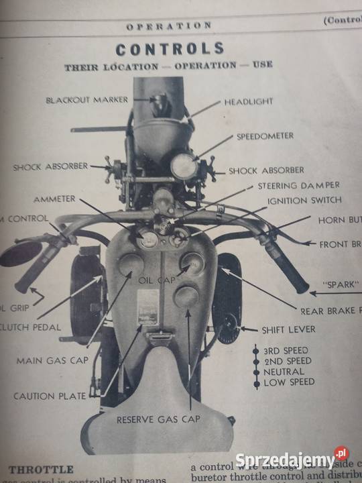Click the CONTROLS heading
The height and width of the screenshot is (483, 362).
point(170,49)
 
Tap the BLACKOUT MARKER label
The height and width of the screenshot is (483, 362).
point(86,100)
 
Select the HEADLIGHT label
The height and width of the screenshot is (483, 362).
point(248,101)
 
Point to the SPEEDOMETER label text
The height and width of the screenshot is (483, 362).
point(264,136)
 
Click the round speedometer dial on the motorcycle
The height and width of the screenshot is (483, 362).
point(184,166)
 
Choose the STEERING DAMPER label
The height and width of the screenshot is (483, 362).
point(298,185)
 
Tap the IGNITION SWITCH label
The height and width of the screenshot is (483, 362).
point(304,200)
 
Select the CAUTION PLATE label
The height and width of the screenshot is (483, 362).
point(50,396)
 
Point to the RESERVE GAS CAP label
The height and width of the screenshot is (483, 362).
point(158,419)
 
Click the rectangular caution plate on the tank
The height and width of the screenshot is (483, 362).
point(147,307)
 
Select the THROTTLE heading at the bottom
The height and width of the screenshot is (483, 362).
point(41,468)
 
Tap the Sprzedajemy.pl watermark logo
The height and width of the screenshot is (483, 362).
point(292,460)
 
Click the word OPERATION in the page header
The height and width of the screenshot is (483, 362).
point(169,25)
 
